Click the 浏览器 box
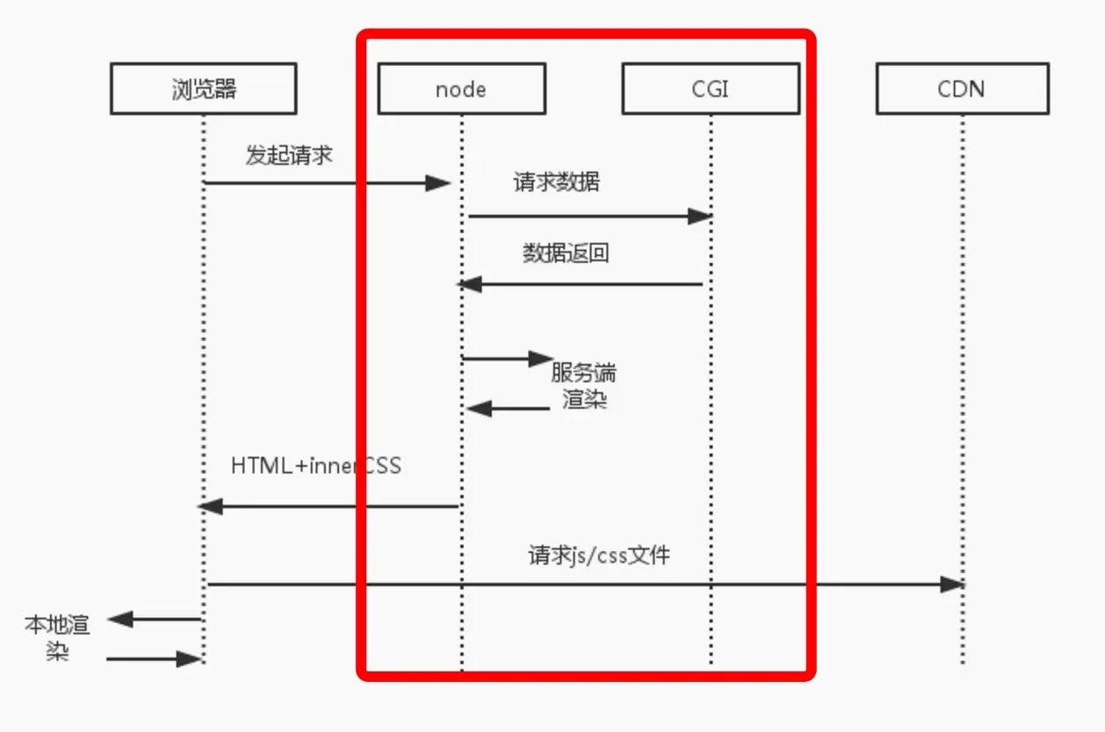coord(203,89)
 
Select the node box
coord(461,89)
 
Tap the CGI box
coord(710,89)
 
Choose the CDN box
coord(962,89)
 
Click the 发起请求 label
coord(289,156)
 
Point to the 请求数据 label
coord(557,183)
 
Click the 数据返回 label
coord(566,254)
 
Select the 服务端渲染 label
coord(584,386)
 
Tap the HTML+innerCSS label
coord(316,465)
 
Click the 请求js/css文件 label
coord(599,556)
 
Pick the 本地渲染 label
coord(57,637)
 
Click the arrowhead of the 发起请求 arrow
coord(437,183)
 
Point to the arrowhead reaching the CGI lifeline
coord(699,216)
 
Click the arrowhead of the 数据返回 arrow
coord(471,284)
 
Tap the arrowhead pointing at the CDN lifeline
coord(952,585)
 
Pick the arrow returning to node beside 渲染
coord(507,408)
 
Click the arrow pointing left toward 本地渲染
coord(154,620)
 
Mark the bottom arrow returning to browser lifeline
coord(154,658)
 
